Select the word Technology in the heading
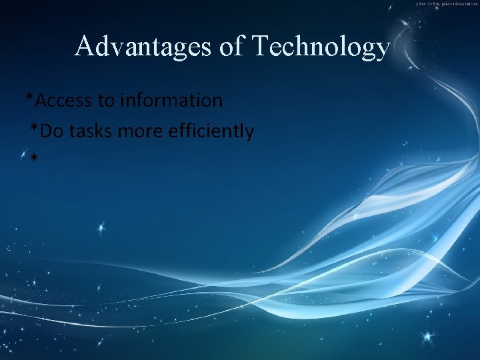click(x=320, y=47)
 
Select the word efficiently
click(x=211, y=132)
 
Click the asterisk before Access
click(x=29, y=99)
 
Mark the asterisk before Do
click(x=34, y=130)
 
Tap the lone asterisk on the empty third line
click(x=34, y=159)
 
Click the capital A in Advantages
click(x=84, y=46)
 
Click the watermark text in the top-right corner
click(x=447, y=3)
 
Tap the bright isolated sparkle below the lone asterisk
click(x=101, y=228)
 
